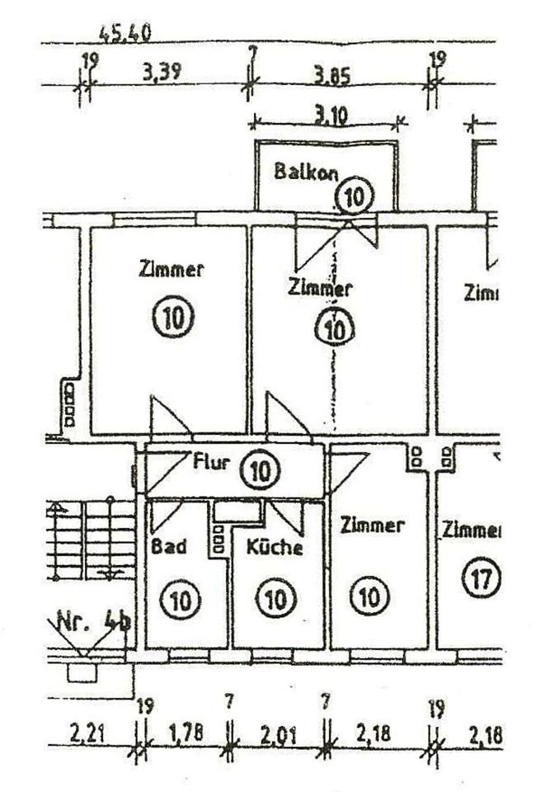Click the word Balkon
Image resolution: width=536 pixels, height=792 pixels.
click(x=308, y=172)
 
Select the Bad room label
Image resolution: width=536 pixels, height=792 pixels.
click(x=169, y=545)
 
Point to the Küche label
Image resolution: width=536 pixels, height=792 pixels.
click(x=275, y=546)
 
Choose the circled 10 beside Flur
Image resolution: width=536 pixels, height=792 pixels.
click(x=260, y=471)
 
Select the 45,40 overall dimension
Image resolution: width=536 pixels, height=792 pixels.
click(x=124, y=35)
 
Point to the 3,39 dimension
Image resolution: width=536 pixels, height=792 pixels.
click(x=162, y=74)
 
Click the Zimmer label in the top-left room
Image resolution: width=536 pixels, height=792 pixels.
click(x=172, y=269)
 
